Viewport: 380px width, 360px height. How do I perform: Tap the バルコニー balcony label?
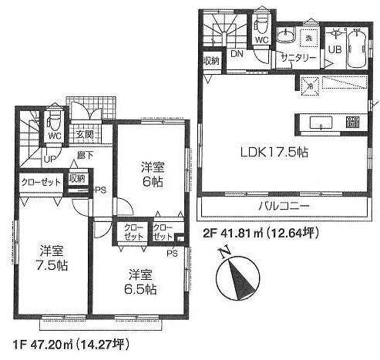point(283,207)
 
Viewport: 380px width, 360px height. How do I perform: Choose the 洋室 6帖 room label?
point(152,173)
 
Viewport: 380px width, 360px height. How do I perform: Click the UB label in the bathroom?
point(337,49)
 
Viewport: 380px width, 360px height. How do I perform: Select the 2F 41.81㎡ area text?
point(261,231)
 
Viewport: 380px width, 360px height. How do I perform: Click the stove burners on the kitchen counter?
point(354,122)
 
